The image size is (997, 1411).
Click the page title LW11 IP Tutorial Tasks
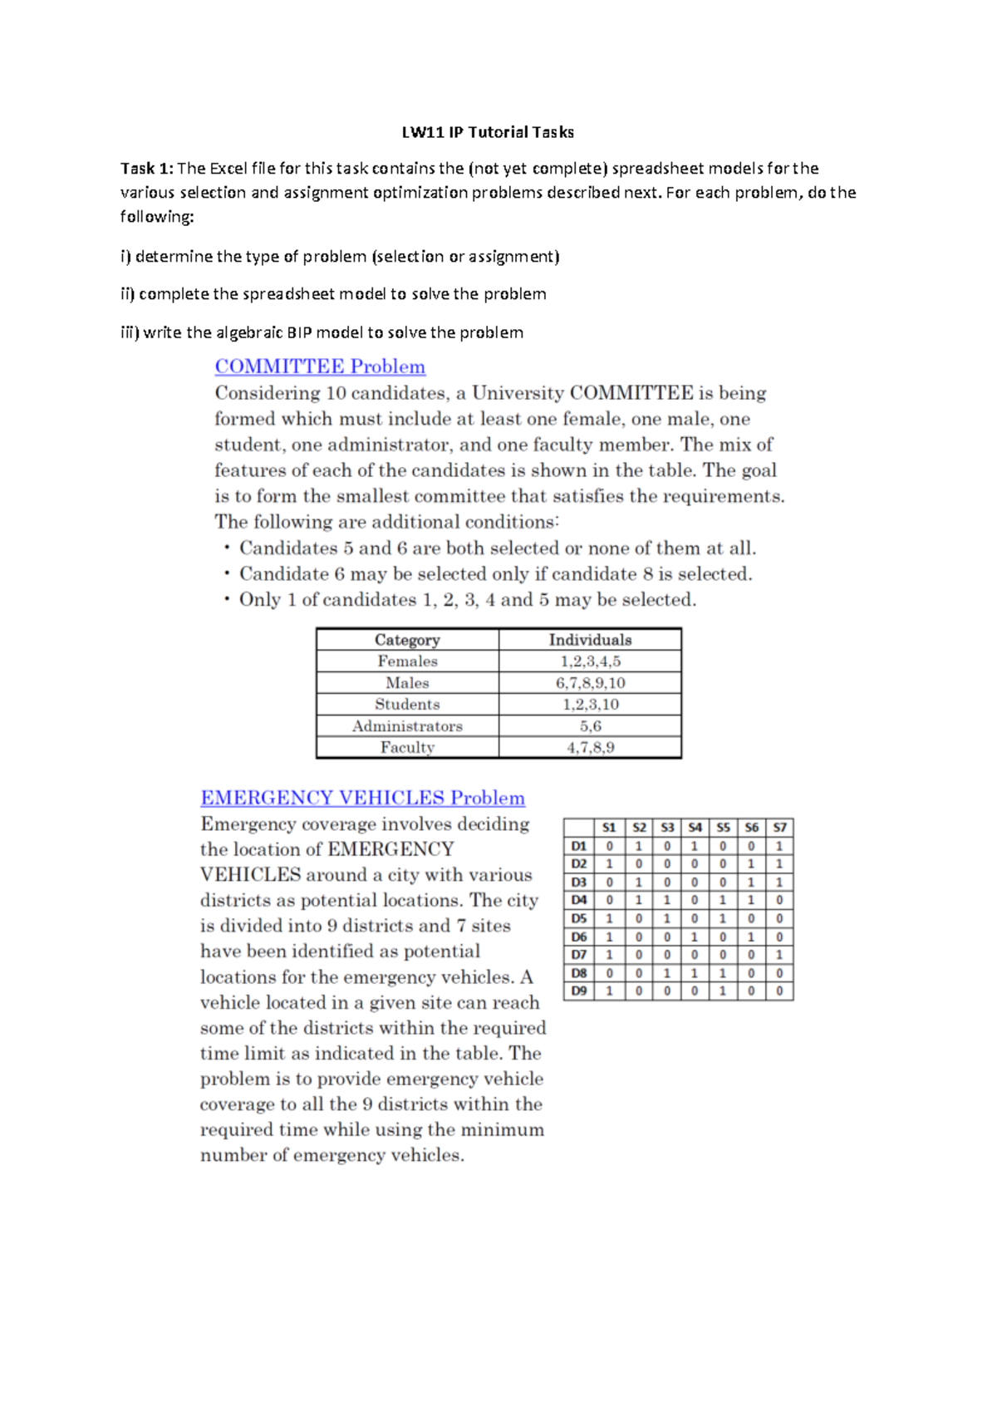coord(488,132)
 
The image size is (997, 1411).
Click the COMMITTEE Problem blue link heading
coord(320,366)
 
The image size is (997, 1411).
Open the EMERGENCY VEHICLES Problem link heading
coord(362,798)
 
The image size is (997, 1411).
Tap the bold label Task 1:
coord(146,169)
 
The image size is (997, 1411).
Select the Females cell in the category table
coord(407,661)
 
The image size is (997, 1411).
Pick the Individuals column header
coord(590,640)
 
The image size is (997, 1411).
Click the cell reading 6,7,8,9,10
coord(590,683)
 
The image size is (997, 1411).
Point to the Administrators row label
coord(407,726)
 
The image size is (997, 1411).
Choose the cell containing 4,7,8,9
coord(590,748)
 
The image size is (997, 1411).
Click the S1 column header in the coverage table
coord(609,828)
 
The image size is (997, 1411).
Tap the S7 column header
coord(779,828)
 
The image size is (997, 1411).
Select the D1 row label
coord(579,846)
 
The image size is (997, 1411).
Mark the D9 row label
coord(579,991)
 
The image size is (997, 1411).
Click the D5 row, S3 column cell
coord(666,918)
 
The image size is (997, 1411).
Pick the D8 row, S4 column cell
coord(695,972)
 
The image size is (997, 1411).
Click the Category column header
coord(407,640)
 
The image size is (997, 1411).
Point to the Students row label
coord(407,705)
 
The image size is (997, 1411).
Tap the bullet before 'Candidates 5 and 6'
coord(226,548)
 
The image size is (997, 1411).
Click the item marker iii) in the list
coord(130,333)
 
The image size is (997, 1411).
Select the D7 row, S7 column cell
coord(779,955)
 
